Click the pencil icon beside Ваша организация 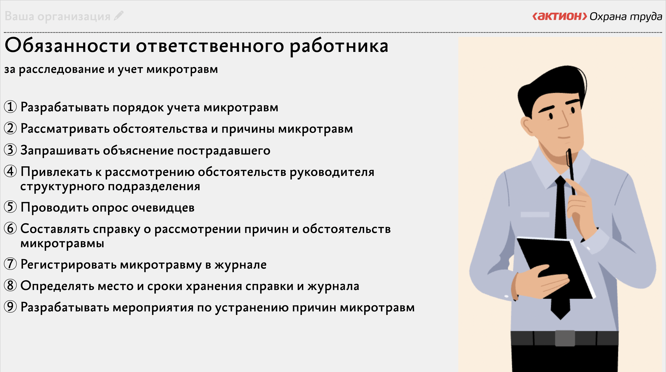[119, 16]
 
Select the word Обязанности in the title [67, 46]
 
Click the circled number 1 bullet [10, 107]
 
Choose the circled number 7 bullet [10, 264]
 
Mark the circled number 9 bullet [10, 307]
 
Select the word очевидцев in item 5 [163, 208]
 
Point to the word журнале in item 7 [240, 265]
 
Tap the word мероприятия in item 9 [153, 308]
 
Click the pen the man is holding [571, 172]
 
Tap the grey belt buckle [565, 338]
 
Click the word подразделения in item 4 [154, 186]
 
